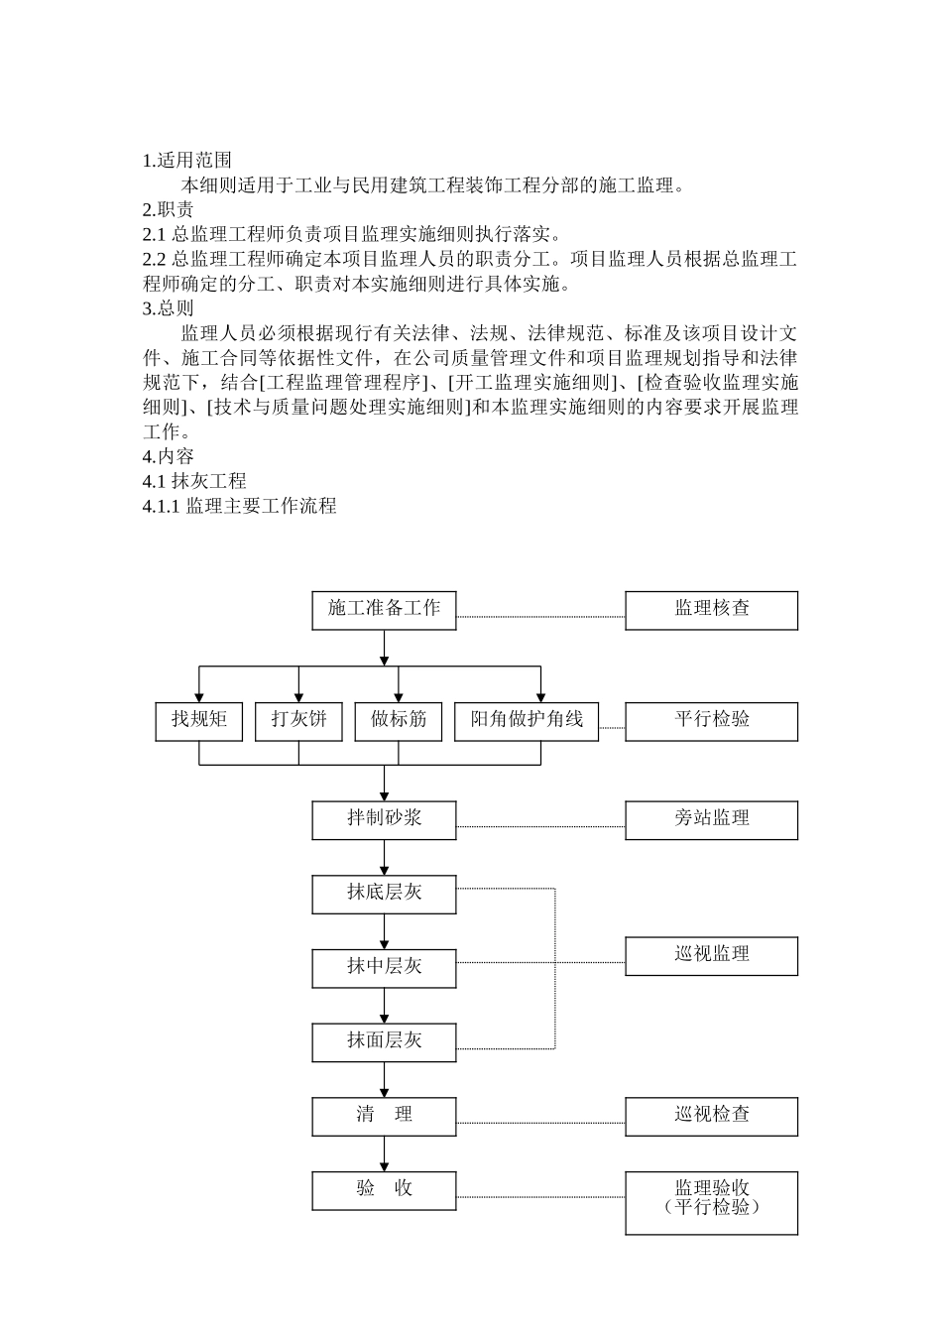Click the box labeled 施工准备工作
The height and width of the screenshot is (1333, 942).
384,610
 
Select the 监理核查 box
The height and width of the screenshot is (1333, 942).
711,610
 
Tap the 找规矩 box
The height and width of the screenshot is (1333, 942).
198,721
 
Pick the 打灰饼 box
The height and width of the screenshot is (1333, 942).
298,721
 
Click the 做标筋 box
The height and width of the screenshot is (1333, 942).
399,721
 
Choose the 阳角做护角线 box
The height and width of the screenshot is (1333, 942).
527,721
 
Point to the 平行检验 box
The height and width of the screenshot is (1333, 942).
711,721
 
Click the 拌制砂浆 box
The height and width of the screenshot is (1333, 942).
384,820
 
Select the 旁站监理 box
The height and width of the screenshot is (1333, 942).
711,820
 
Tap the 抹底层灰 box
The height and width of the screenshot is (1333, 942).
384,894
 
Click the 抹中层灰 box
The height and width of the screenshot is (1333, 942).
384,968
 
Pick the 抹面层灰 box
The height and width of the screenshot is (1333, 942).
384,1042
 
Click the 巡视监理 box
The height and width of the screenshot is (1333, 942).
711,956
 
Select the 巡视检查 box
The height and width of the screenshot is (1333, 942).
711,1116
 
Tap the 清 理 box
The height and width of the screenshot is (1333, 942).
384,1116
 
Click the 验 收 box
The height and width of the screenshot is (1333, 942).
384,1190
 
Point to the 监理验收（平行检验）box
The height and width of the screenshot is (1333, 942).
711,1202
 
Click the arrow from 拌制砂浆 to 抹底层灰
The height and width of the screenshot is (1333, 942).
384,857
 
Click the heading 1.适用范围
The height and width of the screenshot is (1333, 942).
187,160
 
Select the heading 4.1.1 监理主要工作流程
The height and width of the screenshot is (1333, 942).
240,506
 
